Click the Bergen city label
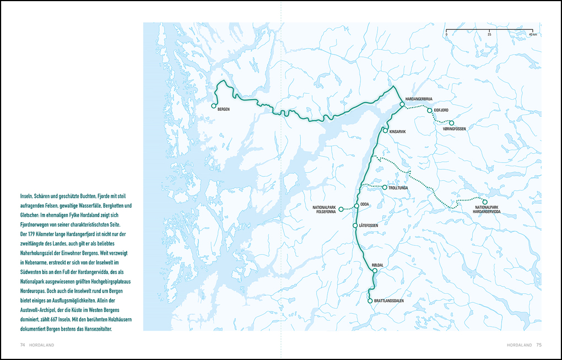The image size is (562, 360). pyautogui.click(x=223, y=110)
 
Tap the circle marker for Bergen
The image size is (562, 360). pyautogui.click(x=214, y=106)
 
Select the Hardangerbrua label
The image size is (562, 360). pyautogui.click(x=419, y=99)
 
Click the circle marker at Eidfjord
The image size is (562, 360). pyautogui.click(x=429, y=111)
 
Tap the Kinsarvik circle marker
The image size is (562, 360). pyautogui.click(x=385, y=131)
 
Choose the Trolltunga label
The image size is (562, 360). pyautogui.click(x=399, y=188)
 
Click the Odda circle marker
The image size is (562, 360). pyautogui.click(x=357, y=205)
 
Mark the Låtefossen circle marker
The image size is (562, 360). pyautogui.click(x=355, y=225)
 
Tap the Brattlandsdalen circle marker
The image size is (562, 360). pyautogui.click(x=370, y=301)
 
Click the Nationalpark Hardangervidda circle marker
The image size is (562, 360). pyautogui.click(x=485, y=202)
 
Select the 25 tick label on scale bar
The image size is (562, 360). pyautogui.click(x=489, y=35)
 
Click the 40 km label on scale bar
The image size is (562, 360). pyautogui.click(x=532, y=35)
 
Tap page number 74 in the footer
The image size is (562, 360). pyautogui.click(x=23, y=345)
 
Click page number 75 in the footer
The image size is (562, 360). pyautogui.click(x=539, y=345)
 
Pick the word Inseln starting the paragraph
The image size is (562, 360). pyautogui.click(x=27, y=196)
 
